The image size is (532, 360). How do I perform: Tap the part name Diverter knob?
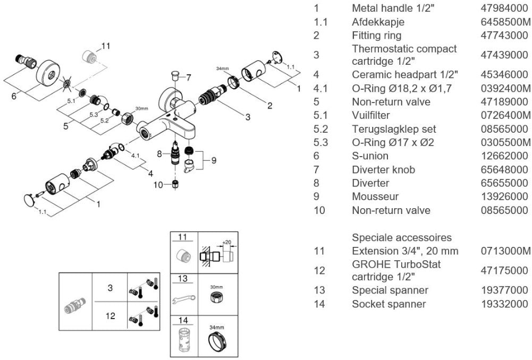pos(383,170)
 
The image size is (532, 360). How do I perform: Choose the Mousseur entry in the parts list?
pos(375,196)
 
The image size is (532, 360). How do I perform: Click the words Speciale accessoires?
pos(402,237)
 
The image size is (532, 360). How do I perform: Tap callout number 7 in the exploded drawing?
pos(188,78)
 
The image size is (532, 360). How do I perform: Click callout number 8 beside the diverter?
pos(159,154)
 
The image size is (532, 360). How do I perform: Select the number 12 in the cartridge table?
pos(110,316)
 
